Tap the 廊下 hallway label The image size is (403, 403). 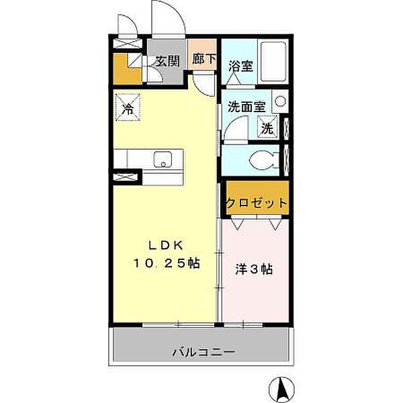tap(204, 59)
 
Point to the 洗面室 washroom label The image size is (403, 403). tap(246, 106)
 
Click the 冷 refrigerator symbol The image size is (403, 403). tap(126, 106)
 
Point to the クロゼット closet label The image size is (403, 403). tap(257, 203)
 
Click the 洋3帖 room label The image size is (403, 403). tap(253, 269)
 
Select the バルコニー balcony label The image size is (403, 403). tap(203, 352)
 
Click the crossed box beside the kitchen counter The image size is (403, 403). tap(126, 177)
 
